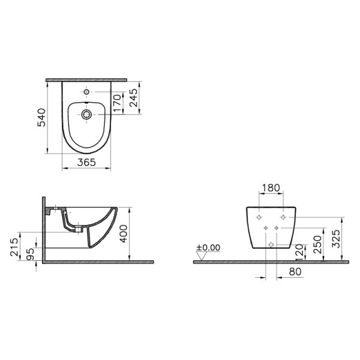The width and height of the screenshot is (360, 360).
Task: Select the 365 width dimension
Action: tap(88, 163)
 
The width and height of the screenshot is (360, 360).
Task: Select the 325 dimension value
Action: tap(337, 238)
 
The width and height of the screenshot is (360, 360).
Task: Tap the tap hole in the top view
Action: tap(87, 92)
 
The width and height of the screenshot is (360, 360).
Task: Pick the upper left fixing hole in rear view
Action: tap(259, 217)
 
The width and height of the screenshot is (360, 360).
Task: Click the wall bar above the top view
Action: tap(88, 79)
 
